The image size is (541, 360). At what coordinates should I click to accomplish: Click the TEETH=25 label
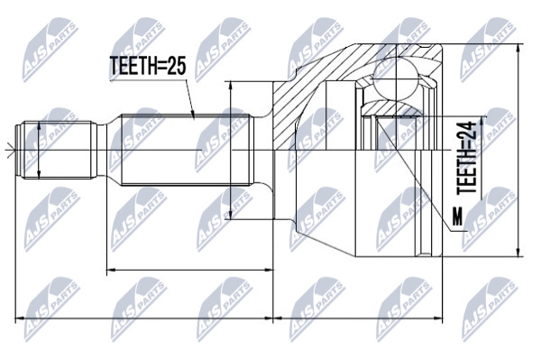click(148, 66)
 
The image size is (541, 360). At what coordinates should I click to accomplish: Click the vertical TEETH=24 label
click(467, 157)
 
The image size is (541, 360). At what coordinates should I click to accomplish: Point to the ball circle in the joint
click(398, 80)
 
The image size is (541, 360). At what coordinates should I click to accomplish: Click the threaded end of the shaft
click(57, 150)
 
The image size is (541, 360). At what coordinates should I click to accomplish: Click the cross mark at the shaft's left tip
click(11, 150)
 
